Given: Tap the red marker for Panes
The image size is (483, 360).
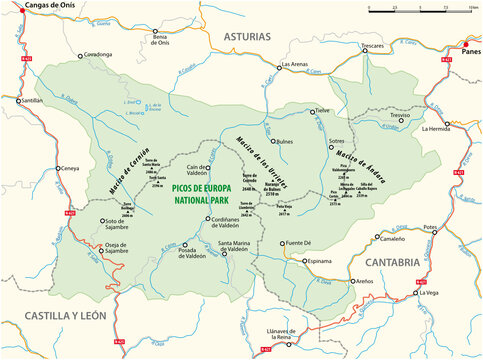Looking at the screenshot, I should [x=462, y=45].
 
